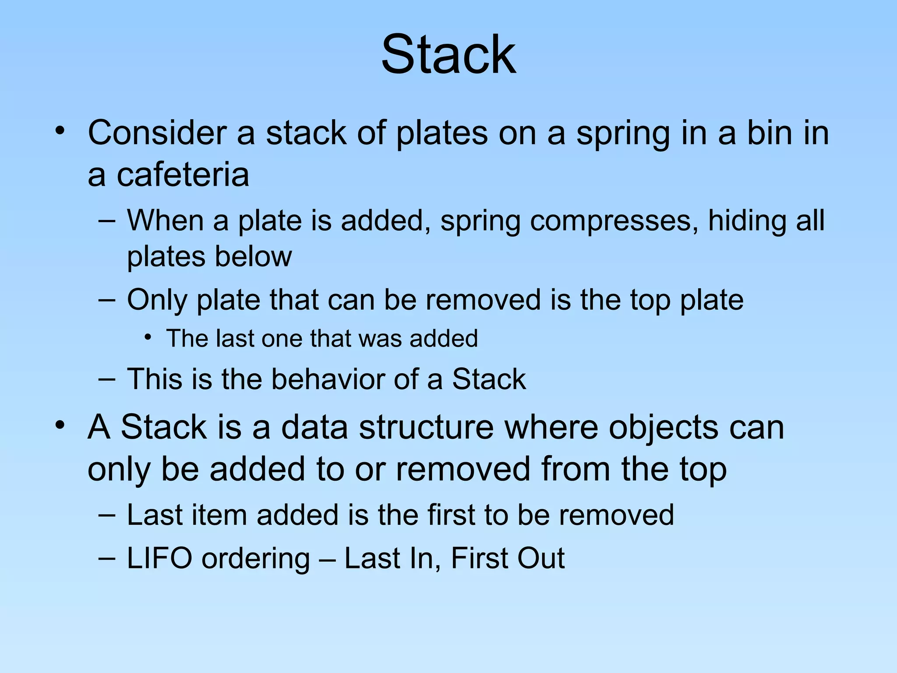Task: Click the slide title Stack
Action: [448, 55]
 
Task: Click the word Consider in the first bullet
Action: [157, 132]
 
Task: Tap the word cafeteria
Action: [183, 175]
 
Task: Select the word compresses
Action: [613, 220]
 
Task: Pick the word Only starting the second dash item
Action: [157, 301]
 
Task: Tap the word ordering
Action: [255, 559]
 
